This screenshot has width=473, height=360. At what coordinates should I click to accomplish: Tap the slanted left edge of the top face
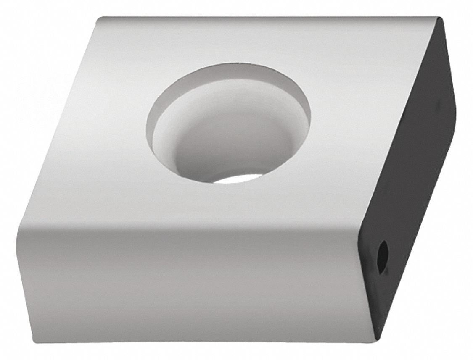coord(59,126)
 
